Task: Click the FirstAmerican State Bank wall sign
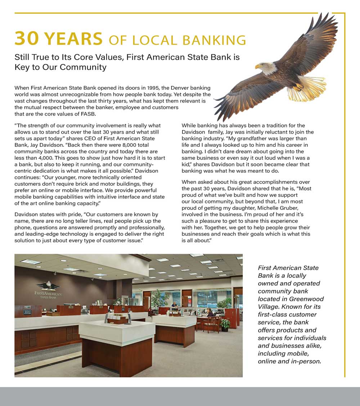(x=48, y=295)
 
